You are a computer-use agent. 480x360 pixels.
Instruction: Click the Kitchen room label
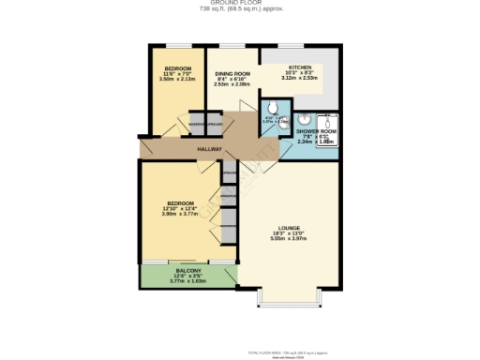(300, 67)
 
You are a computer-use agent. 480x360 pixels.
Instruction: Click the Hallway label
(209, 149)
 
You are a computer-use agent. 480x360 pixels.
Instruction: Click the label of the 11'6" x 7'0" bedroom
(178, 68)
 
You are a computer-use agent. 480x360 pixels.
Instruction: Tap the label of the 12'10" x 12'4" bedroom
(180, 202)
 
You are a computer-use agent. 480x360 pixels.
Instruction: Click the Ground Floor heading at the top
(241, 4)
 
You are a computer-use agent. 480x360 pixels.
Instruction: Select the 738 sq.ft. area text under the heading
(241, 10)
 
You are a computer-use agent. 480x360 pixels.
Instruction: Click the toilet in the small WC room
(272, 109)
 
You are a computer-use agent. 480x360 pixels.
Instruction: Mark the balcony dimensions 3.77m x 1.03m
(187, 280)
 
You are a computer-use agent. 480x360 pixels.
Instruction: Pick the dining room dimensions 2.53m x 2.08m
(232, 84)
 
